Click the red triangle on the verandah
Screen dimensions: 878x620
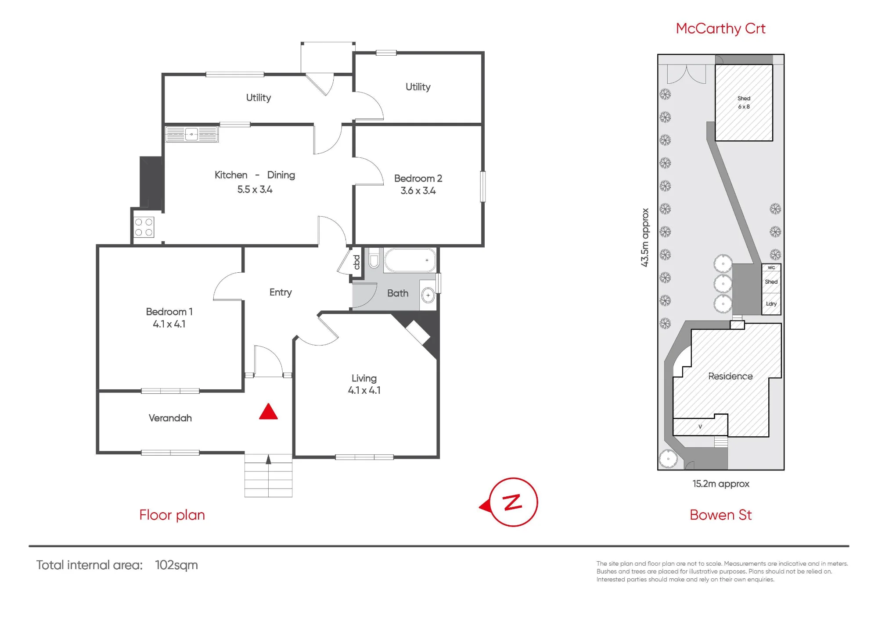268,412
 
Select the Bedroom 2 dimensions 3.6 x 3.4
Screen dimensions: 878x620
418,191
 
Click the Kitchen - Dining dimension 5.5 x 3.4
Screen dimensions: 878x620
255,189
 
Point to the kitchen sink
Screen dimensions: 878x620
191,134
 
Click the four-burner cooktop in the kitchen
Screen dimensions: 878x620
144,227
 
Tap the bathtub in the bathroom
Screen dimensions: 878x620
410,260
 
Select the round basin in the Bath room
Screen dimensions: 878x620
428,295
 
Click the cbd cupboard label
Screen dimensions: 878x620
356,262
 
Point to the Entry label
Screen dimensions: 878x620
281,292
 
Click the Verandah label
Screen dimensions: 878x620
170,418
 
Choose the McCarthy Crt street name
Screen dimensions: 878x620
720,29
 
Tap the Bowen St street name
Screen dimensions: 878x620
720,515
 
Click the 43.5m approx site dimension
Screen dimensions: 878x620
644,237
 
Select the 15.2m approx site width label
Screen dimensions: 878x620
721,484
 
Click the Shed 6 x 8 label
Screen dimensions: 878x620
744,103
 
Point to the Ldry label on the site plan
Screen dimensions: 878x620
771,303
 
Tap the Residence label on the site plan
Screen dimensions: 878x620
730,376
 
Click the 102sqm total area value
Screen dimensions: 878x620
176,565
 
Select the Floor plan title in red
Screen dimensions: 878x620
172,515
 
